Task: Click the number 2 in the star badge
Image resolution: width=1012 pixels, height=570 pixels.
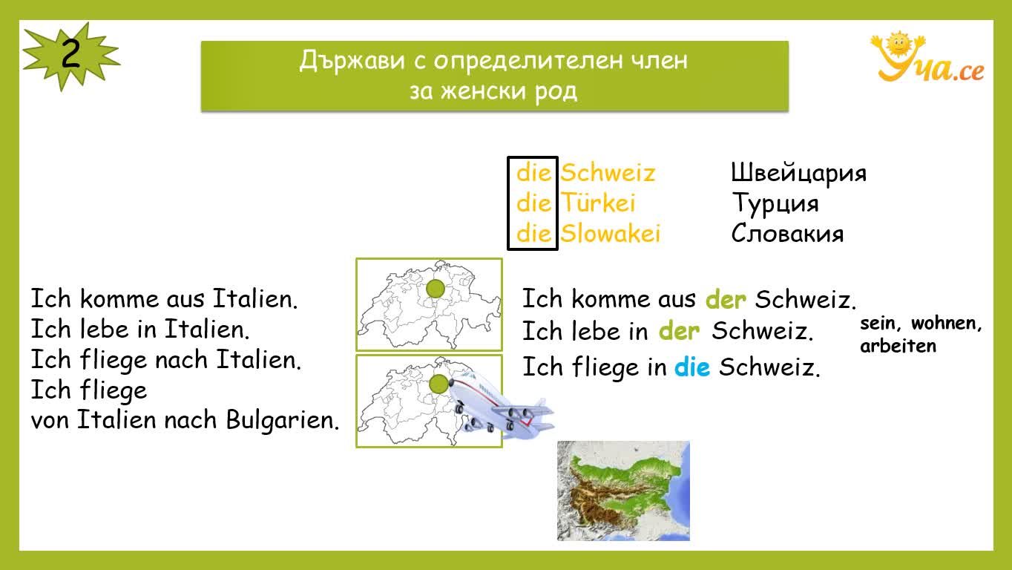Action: pos(70,54)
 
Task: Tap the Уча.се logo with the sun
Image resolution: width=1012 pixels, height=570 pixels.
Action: pos(927,57)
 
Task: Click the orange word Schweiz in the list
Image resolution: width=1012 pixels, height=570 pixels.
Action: pos(608,173)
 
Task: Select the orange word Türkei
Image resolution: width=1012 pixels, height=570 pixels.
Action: pos(598,203)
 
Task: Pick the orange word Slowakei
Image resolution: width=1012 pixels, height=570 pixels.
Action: pos(610,233)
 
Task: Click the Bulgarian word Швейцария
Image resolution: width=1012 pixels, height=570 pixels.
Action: pos(799,173)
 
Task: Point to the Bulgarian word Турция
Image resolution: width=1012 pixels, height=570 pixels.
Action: pos(775,203)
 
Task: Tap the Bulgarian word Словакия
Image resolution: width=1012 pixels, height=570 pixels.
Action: pos(787,234)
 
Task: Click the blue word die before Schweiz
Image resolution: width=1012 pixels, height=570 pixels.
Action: pos(691,367)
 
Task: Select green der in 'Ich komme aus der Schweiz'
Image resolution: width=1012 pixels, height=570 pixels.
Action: pos(726,299)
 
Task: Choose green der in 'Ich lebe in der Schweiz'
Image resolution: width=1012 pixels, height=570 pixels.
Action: pos(679,331)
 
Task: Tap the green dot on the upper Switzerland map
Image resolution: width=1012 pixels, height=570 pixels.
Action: pos(436,289)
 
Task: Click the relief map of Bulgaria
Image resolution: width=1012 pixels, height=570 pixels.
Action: pos(623,491)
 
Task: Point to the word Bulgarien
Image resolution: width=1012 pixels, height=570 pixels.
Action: pos(283,420)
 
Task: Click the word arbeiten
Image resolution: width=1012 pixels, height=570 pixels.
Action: pos(898,347)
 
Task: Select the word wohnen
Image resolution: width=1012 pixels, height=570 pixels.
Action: pos(946,324)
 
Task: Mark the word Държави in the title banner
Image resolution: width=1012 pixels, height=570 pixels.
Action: pos(352,60)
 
